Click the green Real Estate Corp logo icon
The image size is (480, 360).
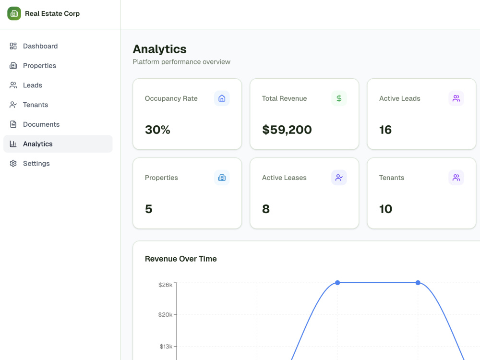14,13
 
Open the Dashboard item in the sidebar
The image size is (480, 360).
40,46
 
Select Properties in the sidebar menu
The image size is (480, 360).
39,65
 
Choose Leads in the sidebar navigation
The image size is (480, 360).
33,85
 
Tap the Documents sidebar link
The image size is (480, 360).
41,124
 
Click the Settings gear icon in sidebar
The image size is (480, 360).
13,164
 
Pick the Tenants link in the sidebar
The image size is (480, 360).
36,105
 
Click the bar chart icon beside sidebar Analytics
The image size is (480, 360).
13,144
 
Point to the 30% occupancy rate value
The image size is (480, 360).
157,130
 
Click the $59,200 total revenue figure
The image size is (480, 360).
287,130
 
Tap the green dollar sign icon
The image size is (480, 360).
339,98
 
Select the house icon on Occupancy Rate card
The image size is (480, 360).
222,98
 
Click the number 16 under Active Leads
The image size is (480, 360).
385,130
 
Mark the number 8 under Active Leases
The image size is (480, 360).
266,209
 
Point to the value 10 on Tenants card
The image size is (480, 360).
386,209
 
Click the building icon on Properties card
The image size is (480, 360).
222,178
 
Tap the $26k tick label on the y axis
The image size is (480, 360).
165,285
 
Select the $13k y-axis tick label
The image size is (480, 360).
166,347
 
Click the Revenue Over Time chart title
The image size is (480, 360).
181,259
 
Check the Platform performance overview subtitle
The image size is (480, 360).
181,62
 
